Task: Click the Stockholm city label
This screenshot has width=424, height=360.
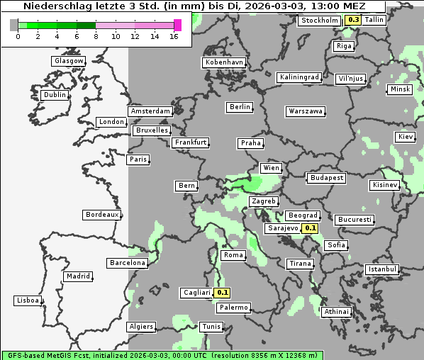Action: (x=319, y=21)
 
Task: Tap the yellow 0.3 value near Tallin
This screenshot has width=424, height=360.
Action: (x=353, y=20)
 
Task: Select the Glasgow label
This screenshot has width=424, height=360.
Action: (x=69, y=61)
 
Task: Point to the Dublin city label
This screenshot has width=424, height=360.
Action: (x=54, y=95)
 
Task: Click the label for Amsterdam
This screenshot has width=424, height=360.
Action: (x=150, y=111)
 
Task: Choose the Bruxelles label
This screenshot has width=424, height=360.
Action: (x=152, y=130)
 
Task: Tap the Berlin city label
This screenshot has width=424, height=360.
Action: (x=240, y=107)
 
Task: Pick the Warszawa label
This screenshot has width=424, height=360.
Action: (x=306, y=111)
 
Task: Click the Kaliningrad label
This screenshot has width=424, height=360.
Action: (x=299, y=77)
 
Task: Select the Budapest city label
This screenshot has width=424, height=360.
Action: (x=326, y=178)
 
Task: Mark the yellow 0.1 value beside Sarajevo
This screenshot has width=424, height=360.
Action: (x=310, y=228)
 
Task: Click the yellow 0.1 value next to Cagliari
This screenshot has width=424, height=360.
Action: (x=223, y=292)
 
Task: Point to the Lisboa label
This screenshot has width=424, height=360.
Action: (x=28, y=300)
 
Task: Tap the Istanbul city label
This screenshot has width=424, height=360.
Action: (x=382, y=269)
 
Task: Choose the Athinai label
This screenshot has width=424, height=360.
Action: (x=336, y=312)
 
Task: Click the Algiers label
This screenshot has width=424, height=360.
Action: (x=140, y=327)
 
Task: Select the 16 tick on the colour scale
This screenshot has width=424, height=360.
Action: (x=174, y=37)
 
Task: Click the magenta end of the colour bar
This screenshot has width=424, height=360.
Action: (x=177, y=26)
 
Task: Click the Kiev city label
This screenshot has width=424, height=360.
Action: (x=406, y=137)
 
